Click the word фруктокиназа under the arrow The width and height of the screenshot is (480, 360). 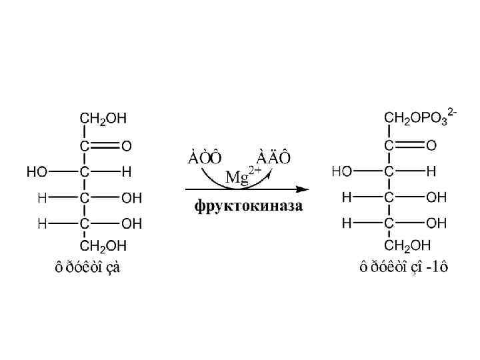[x=249, y=205]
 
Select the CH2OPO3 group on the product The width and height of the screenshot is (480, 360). [x=419, y=117]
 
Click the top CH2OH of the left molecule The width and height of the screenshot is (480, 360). [x=103, y=118]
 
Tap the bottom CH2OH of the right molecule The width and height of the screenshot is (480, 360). [x=408, y=245]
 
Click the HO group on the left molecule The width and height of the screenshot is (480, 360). [x=37, y=171]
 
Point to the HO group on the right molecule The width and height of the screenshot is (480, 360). [x=342, y=171]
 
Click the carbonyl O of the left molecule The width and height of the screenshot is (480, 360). [x=126, y=145]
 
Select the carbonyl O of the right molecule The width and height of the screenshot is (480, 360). [x=431, y=145]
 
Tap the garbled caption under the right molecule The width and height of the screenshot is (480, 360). [x=404, y=268]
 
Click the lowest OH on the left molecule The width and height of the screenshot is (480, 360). [x=132, y=223]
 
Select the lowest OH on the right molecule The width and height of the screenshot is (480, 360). [x=437, y=222]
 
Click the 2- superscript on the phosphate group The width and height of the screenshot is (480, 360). [x=453, y=111]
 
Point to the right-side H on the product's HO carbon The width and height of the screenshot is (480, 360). [x=431, y=171]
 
